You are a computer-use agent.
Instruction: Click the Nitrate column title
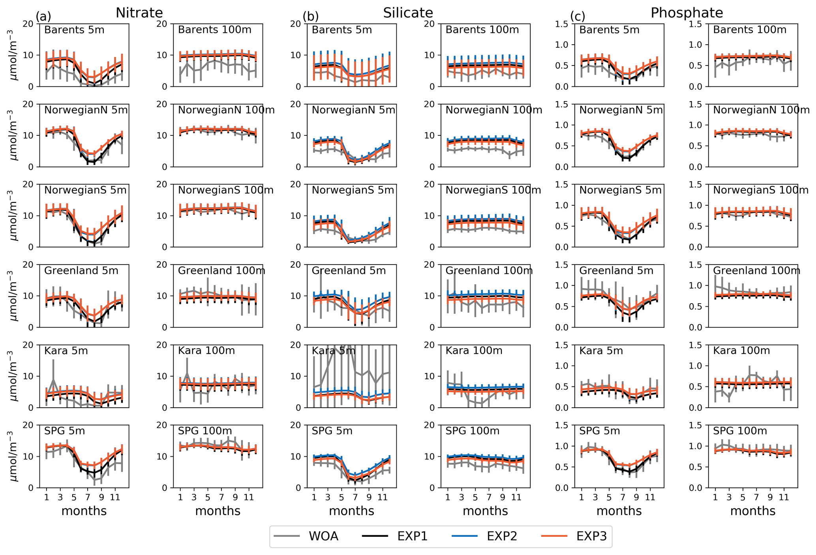[x=139, y=13]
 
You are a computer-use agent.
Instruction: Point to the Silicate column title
[x=408, y=13]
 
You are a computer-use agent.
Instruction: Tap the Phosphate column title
[x=687, y=13]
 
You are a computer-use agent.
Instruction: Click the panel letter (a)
[x=43, y=17]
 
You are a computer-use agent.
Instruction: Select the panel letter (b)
[x=311, y=17]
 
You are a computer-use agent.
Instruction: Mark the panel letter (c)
[x=578, y=17]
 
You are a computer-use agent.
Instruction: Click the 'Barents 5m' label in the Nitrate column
[x=74, y=30]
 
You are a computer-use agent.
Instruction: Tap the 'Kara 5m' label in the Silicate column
[x=334, y=351]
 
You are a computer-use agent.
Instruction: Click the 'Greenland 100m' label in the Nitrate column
[x=221, y=271]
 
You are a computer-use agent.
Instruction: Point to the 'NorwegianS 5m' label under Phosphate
[x=620, y=190]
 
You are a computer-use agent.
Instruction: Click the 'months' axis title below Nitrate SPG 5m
[x=84, y=511]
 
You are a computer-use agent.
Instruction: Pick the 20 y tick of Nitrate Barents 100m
[x=162, y=24]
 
